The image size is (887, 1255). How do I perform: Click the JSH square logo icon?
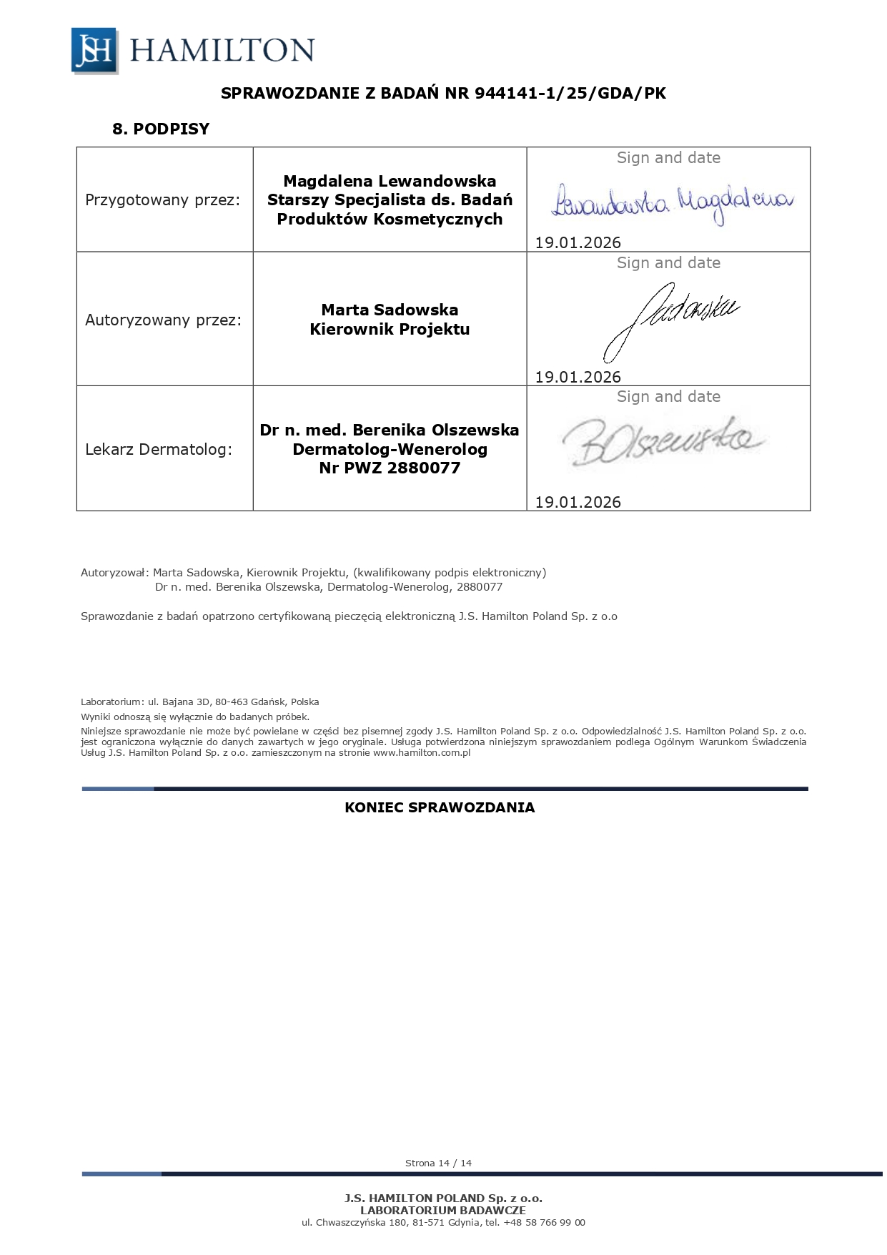[x=94, y=50]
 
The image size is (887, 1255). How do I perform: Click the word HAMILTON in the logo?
[x=222, y=50]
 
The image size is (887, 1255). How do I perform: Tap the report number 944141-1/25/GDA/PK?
[x=570, y=94]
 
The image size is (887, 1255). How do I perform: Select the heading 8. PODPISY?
[x=161, y=129]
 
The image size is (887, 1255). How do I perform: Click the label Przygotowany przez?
[x=162, y=200]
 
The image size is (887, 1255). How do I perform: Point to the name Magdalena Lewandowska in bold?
[x=390, y=181]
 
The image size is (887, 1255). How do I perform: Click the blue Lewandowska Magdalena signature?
[x=672, y=202]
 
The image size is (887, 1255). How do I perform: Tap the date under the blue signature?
[x=578, y=242]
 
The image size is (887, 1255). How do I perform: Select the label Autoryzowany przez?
[x=164, y=320]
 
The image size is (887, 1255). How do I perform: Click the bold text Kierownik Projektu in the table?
[x=390, y=330]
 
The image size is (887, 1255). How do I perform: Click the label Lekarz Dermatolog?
[x=159, y=450]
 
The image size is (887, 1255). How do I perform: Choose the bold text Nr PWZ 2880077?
[x=390, y=468]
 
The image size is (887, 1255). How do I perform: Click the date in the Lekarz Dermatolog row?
[x=578, y=502]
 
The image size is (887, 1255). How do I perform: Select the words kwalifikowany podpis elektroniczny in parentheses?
[x=450, y=573]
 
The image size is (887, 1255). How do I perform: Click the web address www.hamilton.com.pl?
[x=421, y=752]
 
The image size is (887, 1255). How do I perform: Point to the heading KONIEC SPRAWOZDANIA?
[x=440, y=808]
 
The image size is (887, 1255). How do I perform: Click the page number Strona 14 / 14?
[x=438, y=1163]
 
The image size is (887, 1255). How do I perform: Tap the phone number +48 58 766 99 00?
[x=544, y=1223]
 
